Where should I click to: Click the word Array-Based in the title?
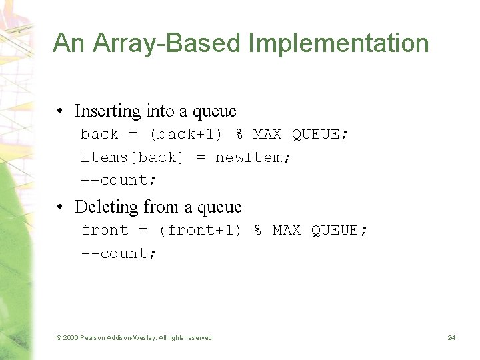[166, 43]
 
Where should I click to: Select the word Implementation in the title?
[339, 43]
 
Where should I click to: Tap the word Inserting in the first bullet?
[107, 111]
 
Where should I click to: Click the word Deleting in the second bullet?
[106, 207]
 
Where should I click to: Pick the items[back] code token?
[132, 157]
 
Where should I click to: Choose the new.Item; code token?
[253, 157]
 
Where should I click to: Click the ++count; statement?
[119, 180]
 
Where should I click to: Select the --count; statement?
[119, 253]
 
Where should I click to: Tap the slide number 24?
[451, 338]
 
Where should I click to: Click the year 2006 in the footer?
[72, 338]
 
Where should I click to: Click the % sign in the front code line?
[257, 230]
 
